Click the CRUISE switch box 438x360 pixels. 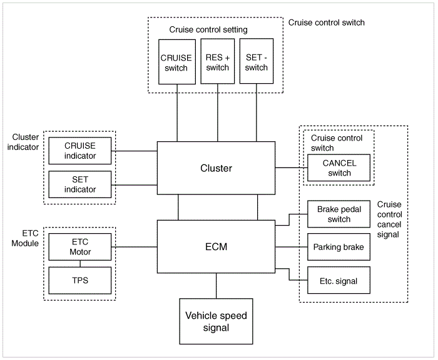[177, 62]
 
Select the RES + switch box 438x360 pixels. [217, 61]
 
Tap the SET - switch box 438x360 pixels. [257, 61]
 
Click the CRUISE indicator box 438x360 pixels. [80, 151]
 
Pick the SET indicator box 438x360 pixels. [80, 184]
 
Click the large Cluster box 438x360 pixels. [216, 168]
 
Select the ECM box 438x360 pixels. [216, 247]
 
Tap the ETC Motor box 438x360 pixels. [80, 247]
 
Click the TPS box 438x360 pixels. [80, 281]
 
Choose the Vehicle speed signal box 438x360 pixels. [216, 321]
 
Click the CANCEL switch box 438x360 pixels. [339, 167]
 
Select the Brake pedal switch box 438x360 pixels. [339, 214]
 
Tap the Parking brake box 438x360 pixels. [339, 247]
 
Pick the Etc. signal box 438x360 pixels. [339, 280]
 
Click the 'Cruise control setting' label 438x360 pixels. [208, 29]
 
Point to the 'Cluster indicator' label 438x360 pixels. [23, 142]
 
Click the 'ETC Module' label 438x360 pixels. [25, 238]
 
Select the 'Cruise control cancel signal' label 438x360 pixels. [389, 219]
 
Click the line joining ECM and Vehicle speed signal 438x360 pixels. [216, 286]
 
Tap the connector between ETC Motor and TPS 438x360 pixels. [80, 264]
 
